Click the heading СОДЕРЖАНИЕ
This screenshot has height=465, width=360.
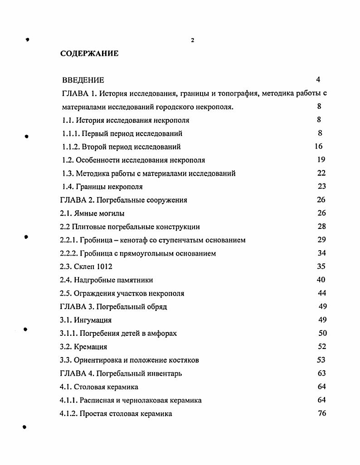89,53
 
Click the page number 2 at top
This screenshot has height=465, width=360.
193,40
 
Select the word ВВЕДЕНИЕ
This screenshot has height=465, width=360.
83,80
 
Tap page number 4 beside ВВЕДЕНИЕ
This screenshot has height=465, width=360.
318,80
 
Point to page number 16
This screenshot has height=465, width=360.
318,146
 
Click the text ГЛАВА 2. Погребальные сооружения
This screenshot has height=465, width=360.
123,200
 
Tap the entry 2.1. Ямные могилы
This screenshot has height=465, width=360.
92,213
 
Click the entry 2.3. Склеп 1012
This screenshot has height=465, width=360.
86,267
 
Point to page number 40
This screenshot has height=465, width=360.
321,280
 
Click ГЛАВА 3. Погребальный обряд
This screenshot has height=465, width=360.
113,307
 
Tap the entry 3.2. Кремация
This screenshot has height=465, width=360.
83,347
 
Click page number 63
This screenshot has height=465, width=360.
321,373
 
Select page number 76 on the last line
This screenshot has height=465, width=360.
322,413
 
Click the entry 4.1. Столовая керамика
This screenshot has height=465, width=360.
99,387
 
